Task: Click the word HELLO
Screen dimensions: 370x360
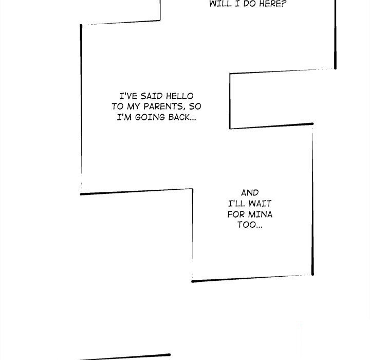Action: pyautogui.click(x=179, y=96)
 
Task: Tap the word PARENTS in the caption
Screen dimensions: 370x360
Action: pyautogui.click(x=163, y=107)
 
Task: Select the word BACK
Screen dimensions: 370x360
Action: pyautogui.click(x=179, y=117)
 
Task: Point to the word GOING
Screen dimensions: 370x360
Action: pyautogui.click(x=150, y=117)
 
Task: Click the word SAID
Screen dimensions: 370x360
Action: pyautogui.click(x=152, y=96)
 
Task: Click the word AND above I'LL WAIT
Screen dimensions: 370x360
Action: pyautogui.click(x=250, y=193)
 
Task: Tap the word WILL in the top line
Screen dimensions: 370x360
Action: pyautogui.click(x=220, y=4)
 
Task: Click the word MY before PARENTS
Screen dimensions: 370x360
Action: pyautogui.click(x=134, y=107)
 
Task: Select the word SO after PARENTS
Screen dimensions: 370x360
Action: pyautogui.click(x=195, y=107)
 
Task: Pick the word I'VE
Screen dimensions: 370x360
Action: pyautogui.click(x=128, y=96)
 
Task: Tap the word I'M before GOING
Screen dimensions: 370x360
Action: pyautogui.click(x=124, y=117)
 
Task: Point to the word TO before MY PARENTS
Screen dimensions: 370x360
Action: pyautogui.click(x=118, y=107)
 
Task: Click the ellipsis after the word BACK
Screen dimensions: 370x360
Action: pyautogui.click(x=193, y=119)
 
